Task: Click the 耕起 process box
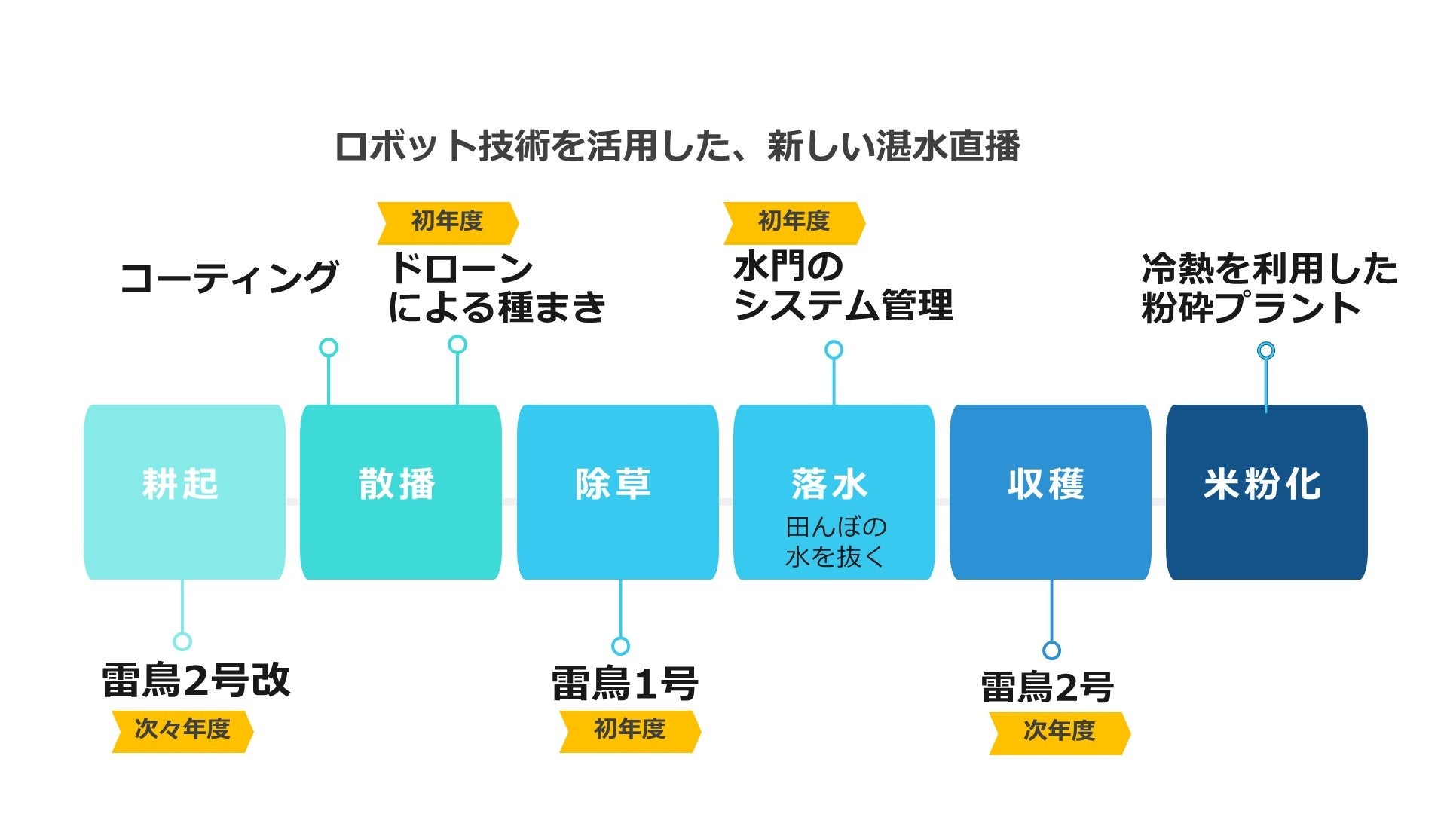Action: (184, 491)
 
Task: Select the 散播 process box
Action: (400, 491)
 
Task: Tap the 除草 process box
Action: (617, 491)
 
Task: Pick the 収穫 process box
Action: (1050, 491)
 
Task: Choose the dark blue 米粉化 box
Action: (1266, 491)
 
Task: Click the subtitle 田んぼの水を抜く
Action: (835, 542)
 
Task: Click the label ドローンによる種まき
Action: (497, 288)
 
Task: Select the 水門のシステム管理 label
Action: (843, 286)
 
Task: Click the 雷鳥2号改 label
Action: (196, 680)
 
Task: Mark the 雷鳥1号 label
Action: (625, 684)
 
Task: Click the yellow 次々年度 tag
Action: (182, 730)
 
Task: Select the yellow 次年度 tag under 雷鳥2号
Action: (1059, 732)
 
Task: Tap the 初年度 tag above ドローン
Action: (448, 222)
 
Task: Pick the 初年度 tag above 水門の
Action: (794, 222)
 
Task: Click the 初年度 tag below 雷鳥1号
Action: (630, 730)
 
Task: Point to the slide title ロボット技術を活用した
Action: (677, 146)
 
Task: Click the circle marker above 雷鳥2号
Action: (1051, 650)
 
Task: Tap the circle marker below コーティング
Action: (329, 347)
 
